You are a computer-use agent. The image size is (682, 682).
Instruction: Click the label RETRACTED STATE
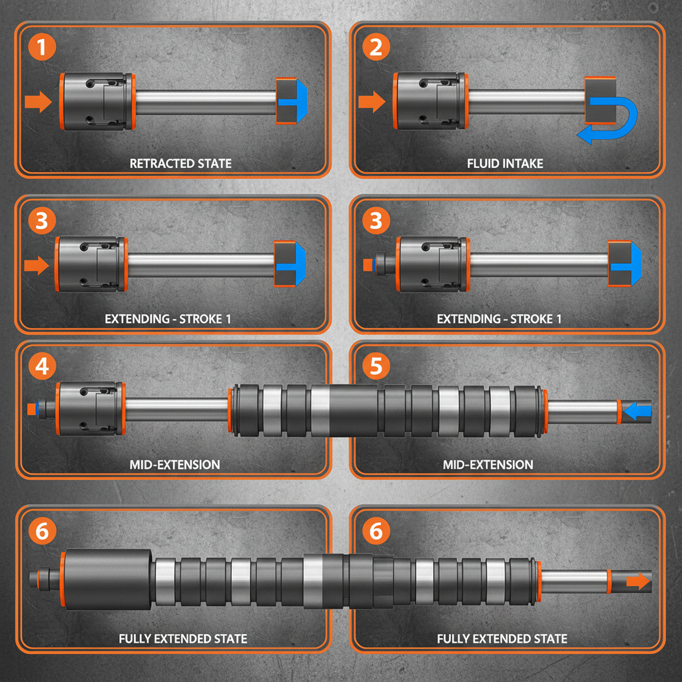180,163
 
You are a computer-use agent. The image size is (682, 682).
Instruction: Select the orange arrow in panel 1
38,102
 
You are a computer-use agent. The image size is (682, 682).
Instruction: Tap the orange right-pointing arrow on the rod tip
638,581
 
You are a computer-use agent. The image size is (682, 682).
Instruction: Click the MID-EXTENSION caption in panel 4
174,464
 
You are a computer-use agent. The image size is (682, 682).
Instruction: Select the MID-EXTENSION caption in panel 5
488,464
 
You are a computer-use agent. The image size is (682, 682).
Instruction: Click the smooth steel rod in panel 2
526,101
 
